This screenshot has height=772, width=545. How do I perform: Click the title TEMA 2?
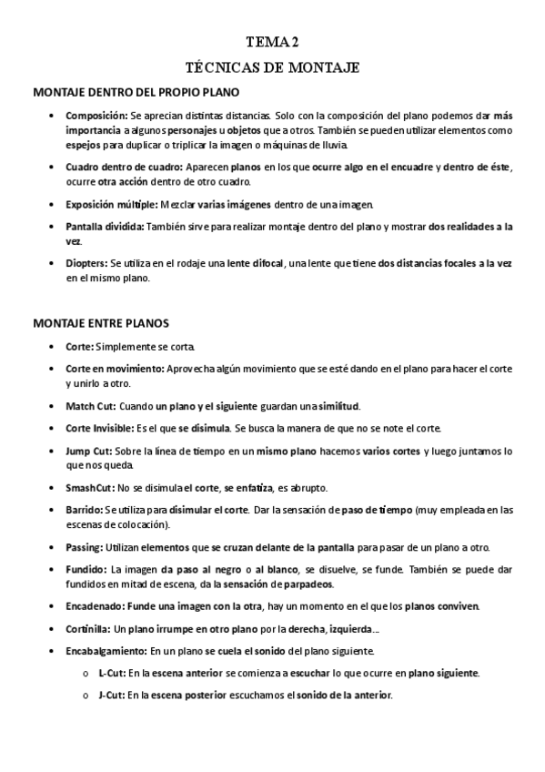273,42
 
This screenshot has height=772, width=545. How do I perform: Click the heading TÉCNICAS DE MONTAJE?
273,67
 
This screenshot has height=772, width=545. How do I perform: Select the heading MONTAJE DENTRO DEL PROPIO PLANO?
136,93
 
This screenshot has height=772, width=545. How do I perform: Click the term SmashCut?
91,487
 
